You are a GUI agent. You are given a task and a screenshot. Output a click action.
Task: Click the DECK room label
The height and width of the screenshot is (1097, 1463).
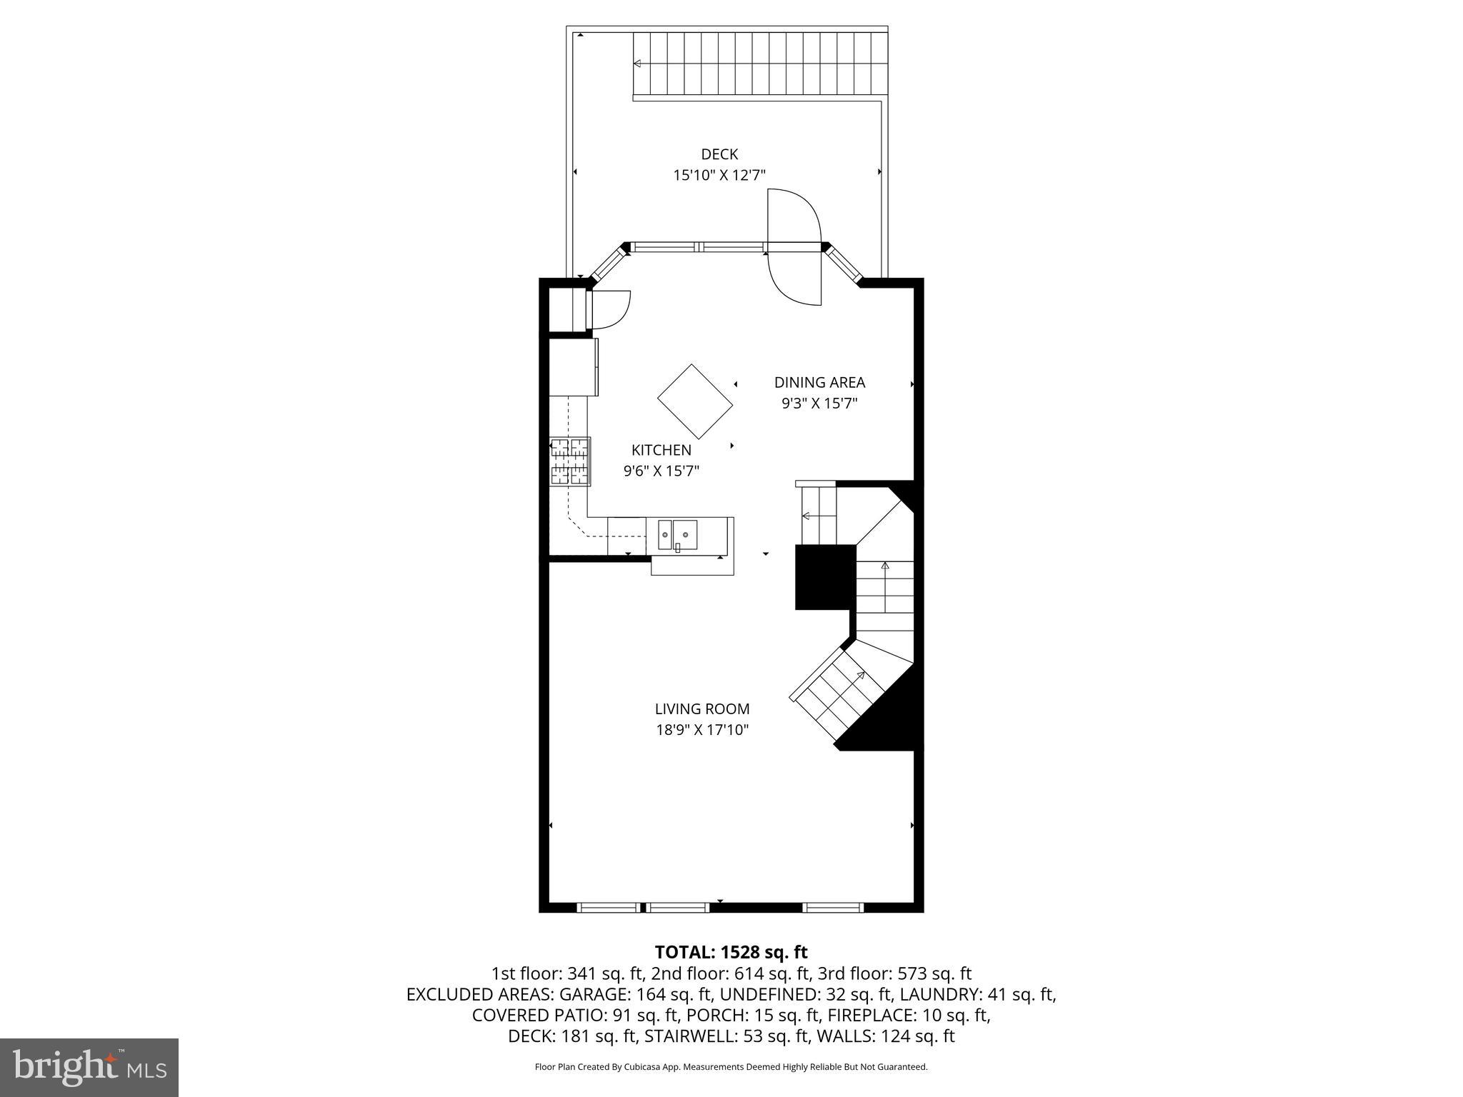pos(719,154)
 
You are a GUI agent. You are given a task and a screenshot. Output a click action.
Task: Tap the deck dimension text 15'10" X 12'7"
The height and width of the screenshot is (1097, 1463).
pos(719,175)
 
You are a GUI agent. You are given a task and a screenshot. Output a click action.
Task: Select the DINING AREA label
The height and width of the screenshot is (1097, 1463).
pos(819,383)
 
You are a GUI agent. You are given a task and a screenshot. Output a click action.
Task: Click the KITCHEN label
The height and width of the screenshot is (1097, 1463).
pos(661,450)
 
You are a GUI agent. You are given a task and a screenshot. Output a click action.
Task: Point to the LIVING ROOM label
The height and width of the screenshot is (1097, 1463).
pos(701,709)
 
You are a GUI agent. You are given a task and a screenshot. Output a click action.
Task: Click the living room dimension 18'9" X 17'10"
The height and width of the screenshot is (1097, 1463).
pos(701,730)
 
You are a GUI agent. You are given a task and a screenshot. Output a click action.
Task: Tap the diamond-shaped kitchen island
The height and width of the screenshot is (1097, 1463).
pos(694,401)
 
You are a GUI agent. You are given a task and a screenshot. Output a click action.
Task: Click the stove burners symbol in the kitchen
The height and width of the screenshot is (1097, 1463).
pos(570,461)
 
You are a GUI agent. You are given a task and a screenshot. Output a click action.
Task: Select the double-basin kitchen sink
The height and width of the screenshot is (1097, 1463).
pos(677,534)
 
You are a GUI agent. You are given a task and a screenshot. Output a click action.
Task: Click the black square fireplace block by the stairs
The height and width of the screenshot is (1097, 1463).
pos(825,576)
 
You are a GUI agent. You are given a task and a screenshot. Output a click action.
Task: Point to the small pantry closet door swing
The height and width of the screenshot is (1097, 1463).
pos(609,309)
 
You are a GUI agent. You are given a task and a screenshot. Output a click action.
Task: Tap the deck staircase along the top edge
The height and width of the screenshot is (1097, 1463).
pos(759,64)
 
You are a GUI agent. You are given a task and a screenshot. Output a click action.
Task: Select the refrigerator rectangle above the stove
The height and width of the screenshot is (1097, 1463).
pos(573,366)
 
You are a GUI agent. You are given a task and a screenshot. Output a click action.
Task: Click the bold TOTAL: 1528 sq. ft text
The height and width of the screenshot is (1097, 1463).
pos(730,952)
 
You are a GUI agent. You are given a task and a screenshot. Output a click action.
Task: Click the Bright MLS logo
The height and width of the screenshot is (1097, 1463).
pos(89,1067)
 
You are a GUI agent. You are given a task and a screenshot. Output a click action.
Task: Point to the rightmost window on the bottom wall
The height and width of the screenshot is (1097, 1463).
pos(832,908)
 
